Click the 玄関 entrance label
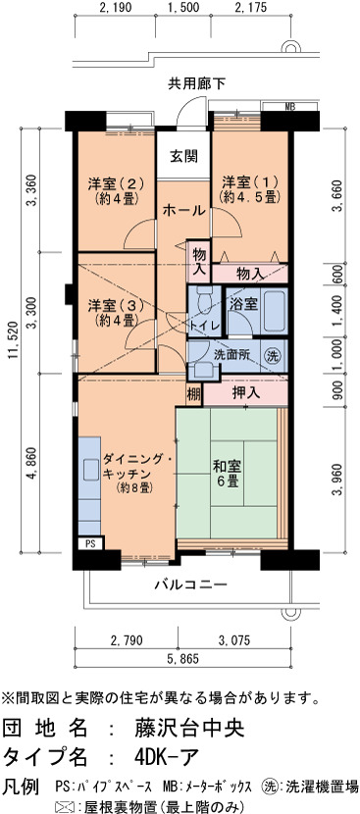coord(183,155)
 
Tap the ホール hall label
coord(183,211)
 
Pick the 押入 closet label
coord(245,393)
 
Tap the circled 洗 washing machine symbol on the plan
coord(273,356)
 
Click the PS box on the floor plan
coord(90,544)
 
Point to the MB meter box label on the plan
coord(290,107)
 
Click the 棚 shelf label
coord(194,395)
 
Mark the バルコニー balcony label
coord(190,585)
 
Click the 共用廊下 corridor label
coord(188,83)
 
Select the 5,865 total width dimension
coord(181,659)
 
